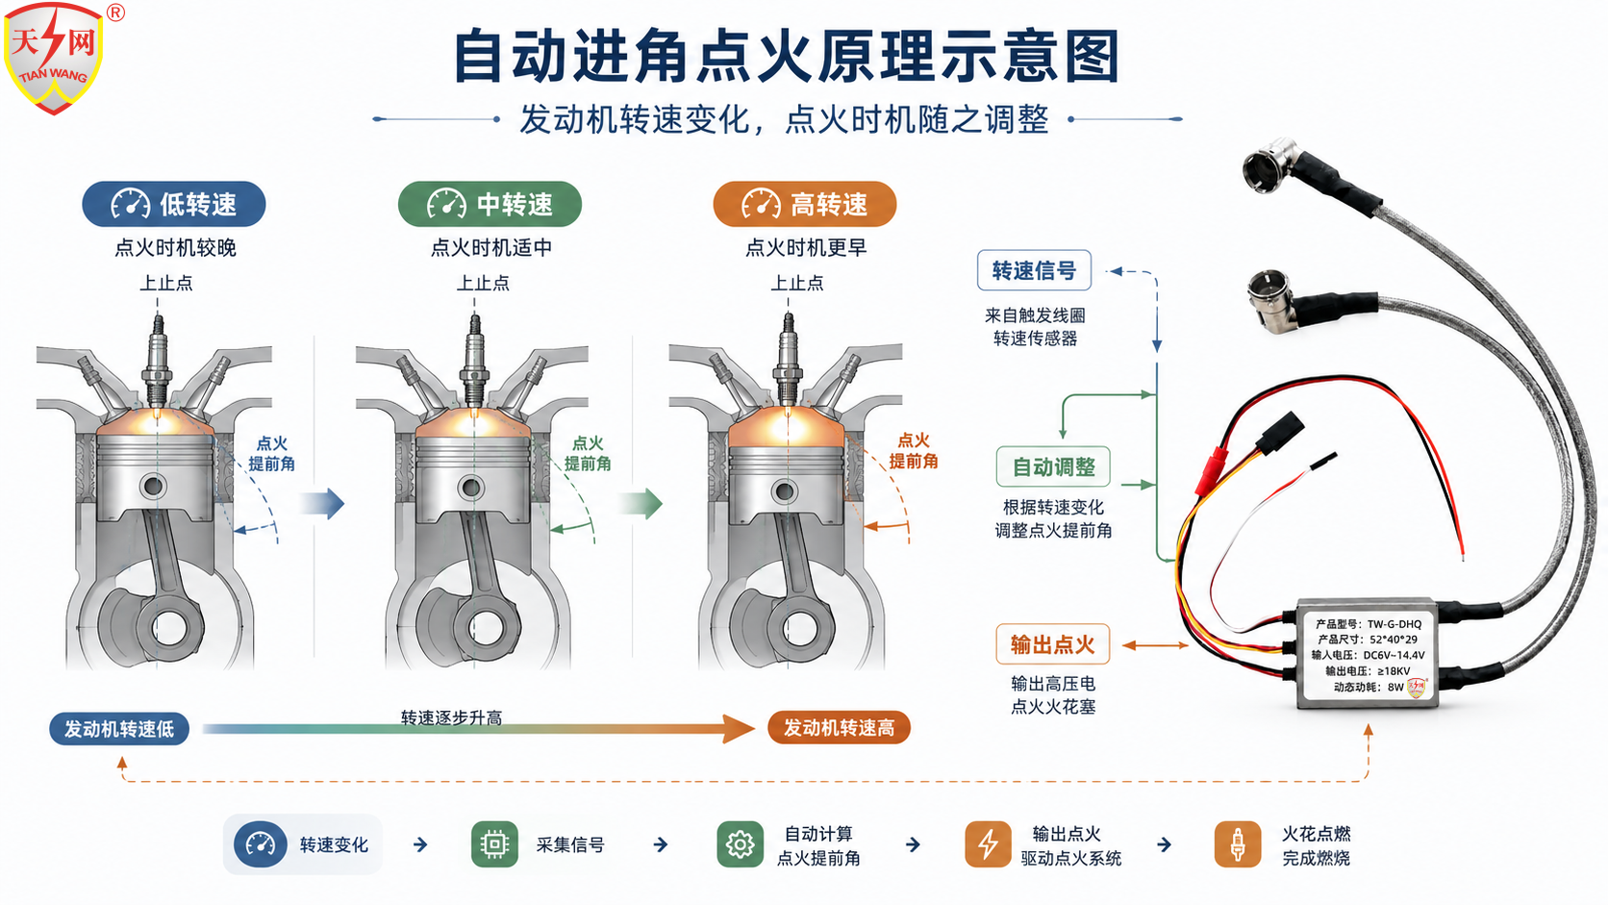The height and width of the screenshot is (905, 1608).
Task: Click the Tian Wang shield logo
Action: point(53,58)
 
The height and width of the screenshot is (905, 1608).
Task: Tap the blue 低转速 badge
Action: point(174,205)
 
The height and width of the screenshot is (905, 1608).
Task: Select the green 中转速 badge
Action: point(490,205)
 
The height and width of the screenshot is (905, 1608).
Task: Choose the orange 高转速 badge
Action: point(805,205)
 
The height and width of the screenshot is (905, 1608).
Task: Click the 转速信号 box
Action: point(1034,270)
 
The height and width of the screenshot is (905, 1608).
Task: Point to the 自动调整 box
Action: point(1053,466)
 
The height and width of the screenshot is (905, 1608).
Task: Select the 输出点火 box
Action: point(1052,644)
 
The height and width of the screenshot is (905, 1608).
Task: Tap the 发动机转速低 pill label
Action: point(119,729)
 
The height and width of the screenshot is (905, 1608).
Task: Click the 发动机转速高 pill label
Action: point(839,728)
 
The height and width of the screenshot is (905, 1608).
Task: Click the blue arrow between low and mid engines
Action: point(322,503)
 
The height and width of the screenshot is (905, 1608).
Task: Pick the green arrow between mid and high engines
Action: point(641,503)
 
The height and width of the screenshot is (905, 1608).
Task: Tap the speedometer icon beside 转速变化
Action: point(260,844)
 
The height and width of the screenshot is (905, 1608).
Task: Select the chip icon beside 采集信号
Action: point(494,844)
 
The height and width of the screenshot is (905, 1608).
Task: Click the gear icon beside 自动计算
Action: point(741,844)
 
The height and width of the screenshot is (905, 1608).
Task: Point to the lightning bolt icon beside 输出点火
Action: point(988,844)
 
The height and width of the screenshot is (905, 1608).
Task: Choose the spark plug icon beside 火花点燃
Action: point(1238,844)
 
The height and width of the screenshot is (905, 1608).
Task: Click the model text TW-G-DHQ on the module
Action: point(1394,623)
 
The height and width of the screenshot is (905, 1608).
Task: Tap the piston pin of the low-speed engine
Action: point(154,487)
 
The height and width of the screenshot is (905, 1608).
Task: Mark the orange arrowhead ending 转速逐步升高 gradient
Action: point(739,729)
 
